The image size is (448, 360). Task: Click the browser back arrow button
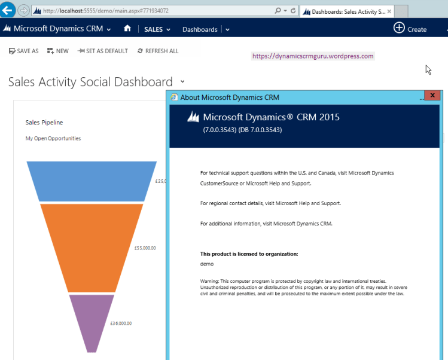pos(8,10)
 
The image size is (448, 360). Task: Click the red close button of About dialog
pos(432,96)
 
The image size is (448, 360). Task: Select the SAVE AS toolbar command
pos(24,51)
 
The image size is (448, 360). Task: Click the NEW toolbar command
pos(58,51)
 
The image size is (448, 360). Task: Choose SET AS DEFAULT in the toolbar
pos(103,51)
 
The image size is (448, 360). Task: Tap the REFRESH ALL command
pos(158,51)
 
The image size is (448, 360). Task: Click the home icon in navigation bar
pos(127,29)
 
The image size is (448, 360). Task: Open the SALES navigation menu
pos(157,29)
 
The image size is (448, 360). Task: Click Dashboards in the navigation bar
pos(200,29)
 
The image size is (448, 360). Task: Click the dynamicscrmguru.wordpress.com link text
pos(313,56)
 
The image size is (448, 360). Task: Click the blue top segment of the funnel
pos(92,181)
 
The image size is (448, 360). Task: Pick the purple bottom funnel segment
pos(92,320)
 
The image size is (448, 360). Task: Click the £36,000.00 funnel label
pos(121,323)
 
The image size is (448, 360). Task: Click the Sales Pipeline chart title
pos(44,123)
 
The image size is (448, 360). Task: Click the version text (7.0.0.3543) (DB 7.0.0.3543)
pos(242,129)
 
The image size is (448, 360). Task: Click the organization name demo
pos(207,264)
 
